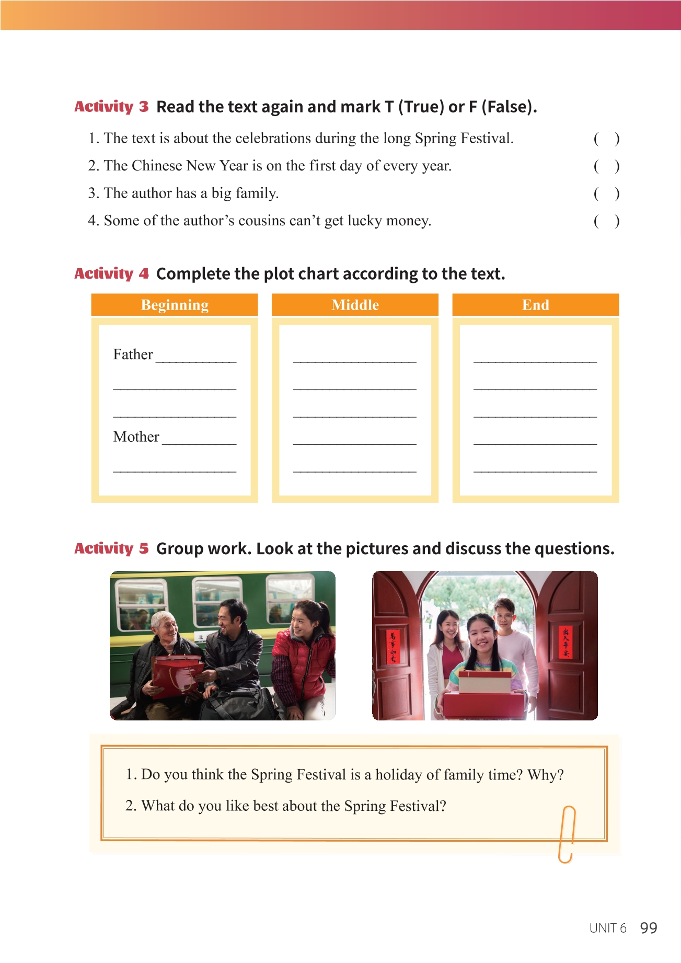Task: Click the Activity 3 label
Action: coord(111,107)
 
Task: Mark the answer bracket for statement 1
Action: coord(606,139)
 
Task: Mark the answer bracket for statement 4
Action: coord(606,221)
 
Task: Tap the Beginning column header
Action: coord(175,305)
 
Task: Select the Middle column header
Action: coord(355,305)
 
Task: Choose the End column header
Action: coord(535,305)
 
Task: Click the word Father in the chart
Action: coord(133,354)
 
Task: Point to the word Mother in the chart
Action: coord(136,437)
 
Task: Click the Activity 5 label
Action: coord(111,548)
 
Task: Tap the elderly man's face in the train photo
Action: coord(165,630)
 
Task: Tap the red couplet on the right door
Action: coord(565,643)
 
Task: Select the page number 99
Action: coord(649,928)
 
